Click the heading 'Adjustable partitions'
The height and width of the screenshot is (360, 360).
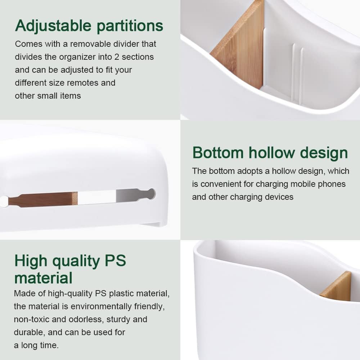pos(89,26)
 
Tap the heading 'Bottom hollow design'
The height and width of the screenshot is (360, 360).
pos(270,153)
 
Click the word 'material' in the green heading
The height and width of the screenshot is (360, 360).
pos(43,278)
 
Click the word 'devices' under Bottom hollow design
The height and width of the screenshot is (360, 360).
pos(280,197)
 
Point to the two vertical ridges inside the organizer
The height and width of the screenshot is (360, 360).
pos(297,72)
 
